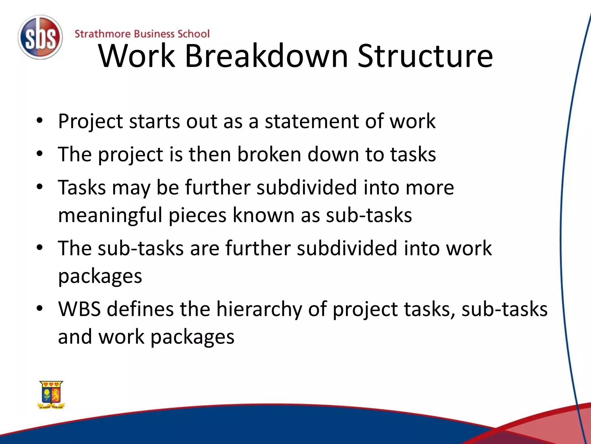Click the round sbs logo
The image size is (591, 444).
(40, 38)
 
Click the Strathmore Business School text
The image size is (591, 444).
(142, 34)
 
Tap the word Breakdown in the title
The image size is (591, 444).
(266, 56)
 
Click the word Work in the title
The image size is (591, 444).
(137, 56)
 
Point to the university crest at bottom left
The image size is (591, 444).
(51, 395)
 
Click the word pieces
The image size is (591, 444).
(197, 216)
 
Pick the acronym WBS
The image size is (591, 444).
(79, 309)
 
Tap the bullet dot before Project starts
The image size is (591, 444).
(40, 121)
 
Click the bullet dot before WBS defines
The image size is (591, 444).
(40, 308)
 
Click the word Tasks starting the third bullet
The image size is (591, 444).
(82, 188)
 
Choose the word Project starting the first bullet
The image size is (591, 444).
(90, 122)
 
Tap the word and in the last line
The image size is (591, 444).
(75, 337)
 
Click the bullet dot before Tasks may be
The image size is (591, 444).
(40, 187)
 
